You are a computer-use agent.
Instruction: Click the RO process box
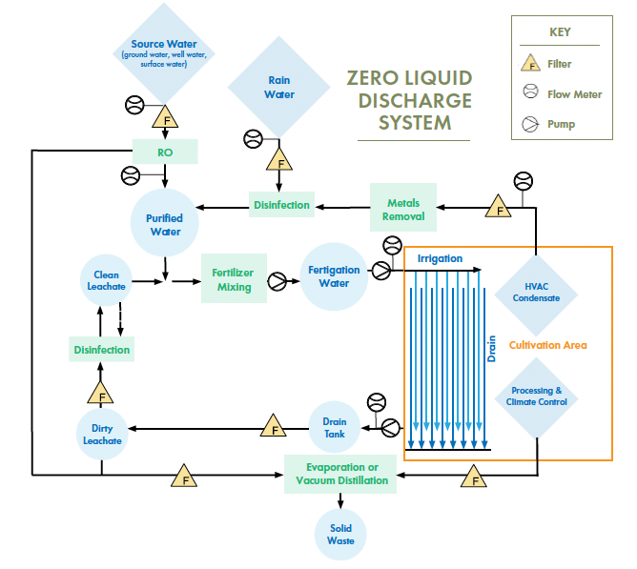[x=165, y=151]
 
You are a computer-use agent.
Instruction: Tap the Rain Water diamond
[x=278, y=88]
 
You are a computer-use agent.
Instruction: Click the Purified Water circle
[x=164, y=224]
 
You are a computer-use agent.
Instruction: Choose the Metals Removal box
[x=403, y=209]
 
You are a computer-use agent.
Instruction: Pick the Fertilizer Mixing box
[x=233, y=279]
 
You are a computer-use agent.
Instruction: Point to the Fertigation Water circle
[x=334, y=276]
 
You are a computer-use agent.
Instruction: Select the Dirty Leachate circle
[x=101, y=434]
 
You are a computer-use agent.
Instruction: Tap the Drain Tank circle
[x=334, y=428]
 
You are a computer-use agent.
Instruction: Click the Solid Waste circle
[x=340, y=535]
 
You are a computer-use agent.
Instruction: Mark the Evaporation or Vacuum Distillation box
[x=341, y=474]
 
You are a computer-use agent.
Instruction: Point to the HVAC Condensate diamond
[x=536, y=291]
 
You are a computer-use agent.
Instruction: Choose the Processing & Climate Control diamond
[x=536, y=396]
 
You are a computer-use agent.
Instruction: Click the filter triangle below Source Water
[x=167, y=120]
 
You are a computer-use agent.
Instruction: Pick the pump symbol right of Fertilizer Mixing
[x=277, y=281]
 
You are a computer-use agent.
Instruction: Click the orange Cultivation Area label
[x=547, y=345]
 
